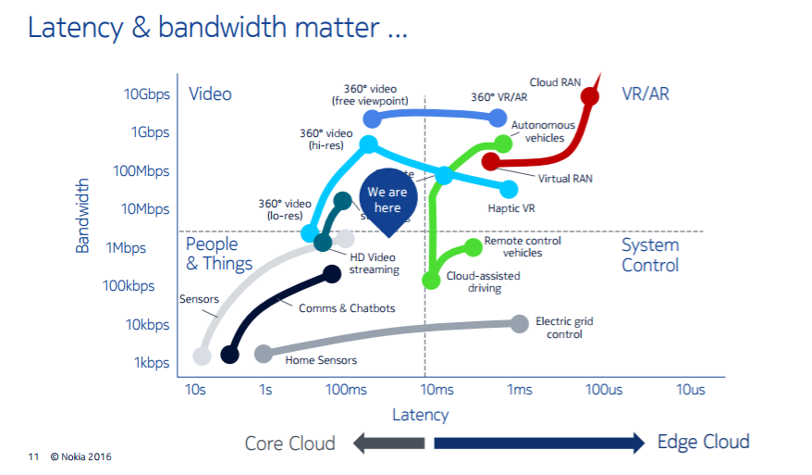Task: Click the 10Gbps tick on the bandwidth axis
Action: click(146, 94)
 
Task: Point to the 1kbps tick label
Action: click(150, 363)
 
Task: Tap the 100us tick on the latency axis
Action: click(603, 390)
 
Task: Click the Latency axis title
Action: click(420, 415)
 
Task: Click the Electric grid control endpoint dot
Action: click(519, 323)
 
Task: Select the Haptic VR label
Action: click(511, 208)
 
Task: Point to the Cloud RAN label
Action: click(556, 82)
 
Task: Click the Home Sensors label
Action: click(321, 360)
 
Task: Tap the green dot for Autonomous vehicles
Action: click(503, 144)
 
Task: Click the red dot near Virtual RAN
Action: click(490, 162)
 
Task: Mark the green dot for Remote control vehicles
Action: click(473, 245)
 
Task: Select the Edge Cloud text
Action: click(703, 442)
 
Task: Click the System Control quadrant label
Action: click(650, 256)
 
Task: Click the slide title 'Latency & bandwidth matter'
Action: click(217, 28)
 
